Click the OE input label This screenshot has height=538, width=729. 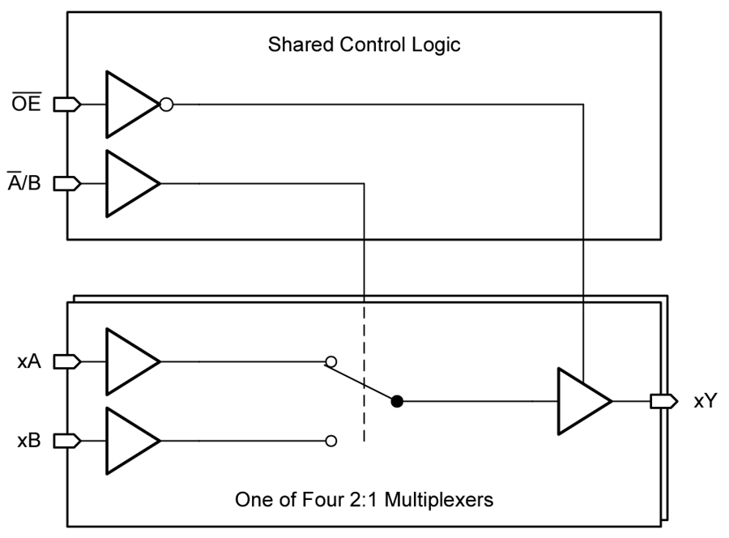coord(28,104)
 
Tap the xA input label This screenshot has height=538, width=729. coord(29,361)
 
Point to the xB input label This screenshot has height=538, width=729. coord(29,441)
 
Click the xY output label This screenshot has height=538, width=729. coord(705,401)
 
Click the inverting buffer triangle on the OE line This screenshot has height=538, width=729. coord(130,104)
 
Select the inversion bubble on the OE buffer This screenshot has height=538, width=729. coord(166,104)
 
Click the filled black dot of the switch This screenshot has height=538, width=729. coord(397,401)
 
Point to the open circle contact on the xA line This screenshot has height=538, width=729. coord(330,361)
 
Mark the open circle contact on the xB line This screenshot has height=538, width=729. coord(330,441)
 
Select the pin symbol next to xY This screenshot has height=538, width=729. coord(663,401)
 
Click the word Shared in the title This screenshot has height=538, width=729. coord(294,44)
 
